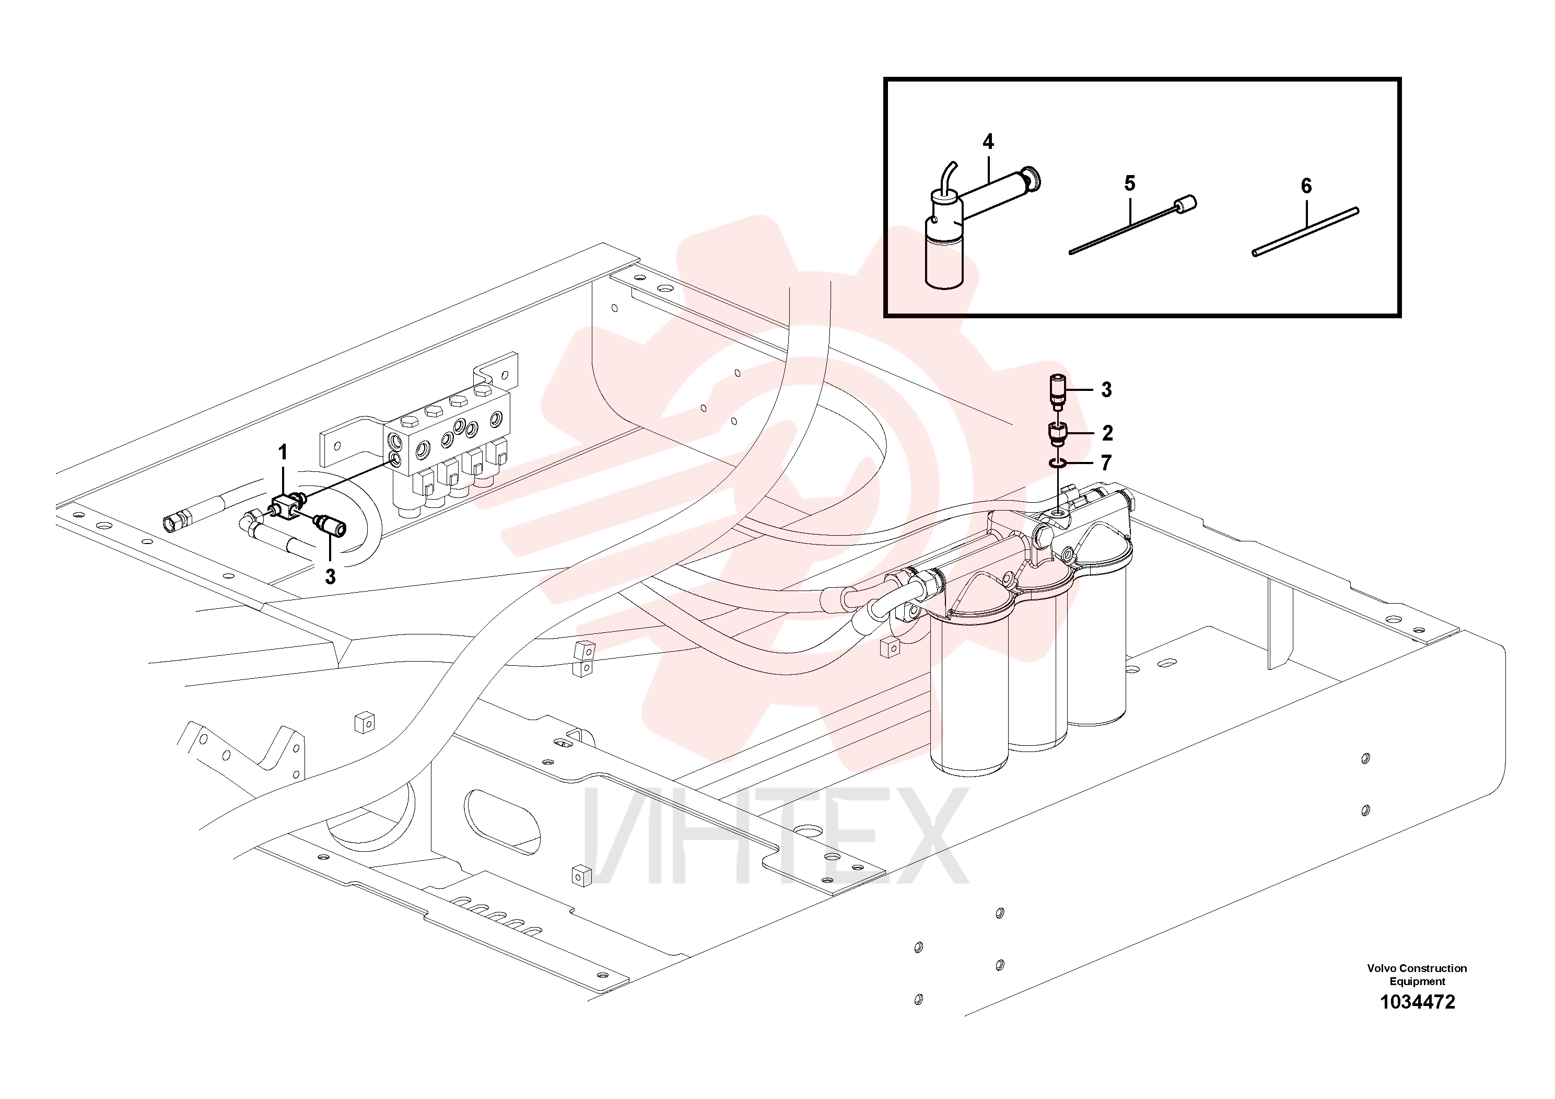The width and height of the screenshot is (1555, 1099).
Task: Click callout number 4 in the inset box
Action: pyautogui.click(x=988, y=142)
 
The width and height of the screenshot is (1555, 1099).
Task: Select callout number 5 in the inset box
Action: pyautogui.click(x=1130, y=183)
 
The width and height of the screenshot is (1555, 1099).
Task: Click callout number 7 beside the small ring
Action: pyautogui.click(x=1106, y=463)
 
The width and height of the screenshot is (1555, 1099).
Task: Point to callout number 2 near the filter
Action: pyautogui.click(x=1107, y=432)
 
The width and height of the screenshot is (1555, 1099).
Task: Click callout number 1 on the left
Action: pyautogui.click(x=283, y=452)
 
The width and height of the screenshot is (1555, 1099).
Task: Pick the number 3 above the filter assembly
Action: pyautogui.click(x=1106, y=390)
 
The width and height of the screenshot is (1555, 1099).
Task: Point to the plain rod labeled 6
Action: pyautogui.click(x=1305, y=231)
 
